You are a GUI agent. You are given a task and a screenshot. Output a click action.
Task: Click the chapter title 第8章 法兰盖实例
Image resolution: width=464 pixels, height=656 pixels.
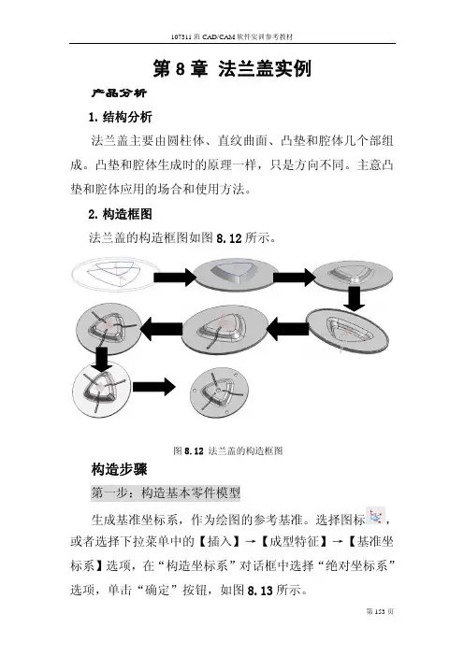(232, 69)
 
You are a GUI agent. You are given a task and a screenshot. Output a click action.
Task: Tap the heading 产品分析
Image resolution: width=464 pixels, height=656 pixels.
(119, 93)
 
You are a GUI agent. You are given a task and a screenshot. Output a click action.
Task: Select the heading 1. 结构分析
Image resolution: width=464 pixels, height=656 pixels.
(120, 117)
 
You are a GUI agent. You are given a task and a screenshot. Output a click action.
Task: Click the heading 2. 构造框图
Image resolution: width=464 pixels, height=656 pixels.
(120, 214)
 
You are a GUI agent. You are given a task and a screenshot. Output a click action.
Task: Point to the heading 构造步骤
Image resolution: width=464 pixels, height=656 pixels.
(120, 469)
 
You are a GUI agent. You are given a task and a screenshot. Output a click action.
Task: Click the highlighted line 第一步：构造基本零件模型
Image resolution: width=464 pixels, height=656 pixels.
(166, 492)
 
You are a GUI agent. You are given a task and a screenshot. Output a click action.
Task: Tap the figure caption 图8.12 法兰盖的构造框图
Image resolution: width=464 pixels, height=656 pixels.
(228, 450)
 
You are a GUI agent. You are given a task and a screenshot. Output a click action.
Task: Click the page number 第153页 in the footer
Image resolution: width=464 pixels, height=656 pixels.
(380, 611)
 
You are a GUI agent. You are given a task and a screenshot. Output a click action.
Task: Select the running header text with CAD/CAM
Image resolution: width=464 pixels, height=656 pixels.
(232, 36)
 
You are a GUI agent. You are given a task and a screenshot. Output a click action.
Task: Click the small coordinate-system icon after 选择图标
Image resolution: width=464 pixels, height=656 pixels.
(376, 516)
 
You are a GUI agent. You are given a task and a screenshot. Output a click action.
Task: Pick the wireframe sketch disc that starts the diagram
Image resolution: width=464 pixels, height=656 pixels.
(115, 274)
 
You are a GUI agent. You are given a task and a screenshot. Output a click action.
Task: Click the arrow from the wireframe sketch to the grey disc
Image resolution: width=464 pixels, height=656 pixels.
(175, 277)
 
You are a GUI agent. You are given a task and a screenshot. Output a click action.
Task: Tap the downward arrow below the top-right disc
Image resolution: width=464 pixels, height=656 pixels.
(355, 299)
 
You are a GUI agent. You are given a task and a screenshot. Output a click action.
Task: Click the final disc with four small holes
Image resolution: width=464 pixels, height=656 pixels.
(220, 392)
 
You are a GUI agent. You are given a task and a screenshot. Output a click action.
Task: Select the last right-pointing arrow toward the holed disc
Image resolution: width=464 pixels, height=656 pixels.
(154, 387)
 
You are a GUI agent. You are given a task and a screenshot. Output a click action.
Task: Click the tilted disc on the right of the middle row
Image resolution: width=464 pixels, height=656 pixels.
(347, 332)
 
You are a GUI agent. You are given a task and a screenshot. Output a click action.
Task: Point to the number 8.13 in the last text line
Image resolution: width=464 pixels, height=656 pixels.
(260, 591)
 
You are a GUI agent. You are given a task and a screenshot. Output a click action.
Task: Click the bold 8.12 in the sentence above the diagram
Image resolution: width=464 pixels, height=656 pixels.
(229, 238)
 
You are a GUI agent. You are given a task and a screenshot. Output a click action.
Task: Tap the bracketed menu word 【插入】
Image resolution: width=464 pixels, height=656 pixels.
(219, 541)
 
